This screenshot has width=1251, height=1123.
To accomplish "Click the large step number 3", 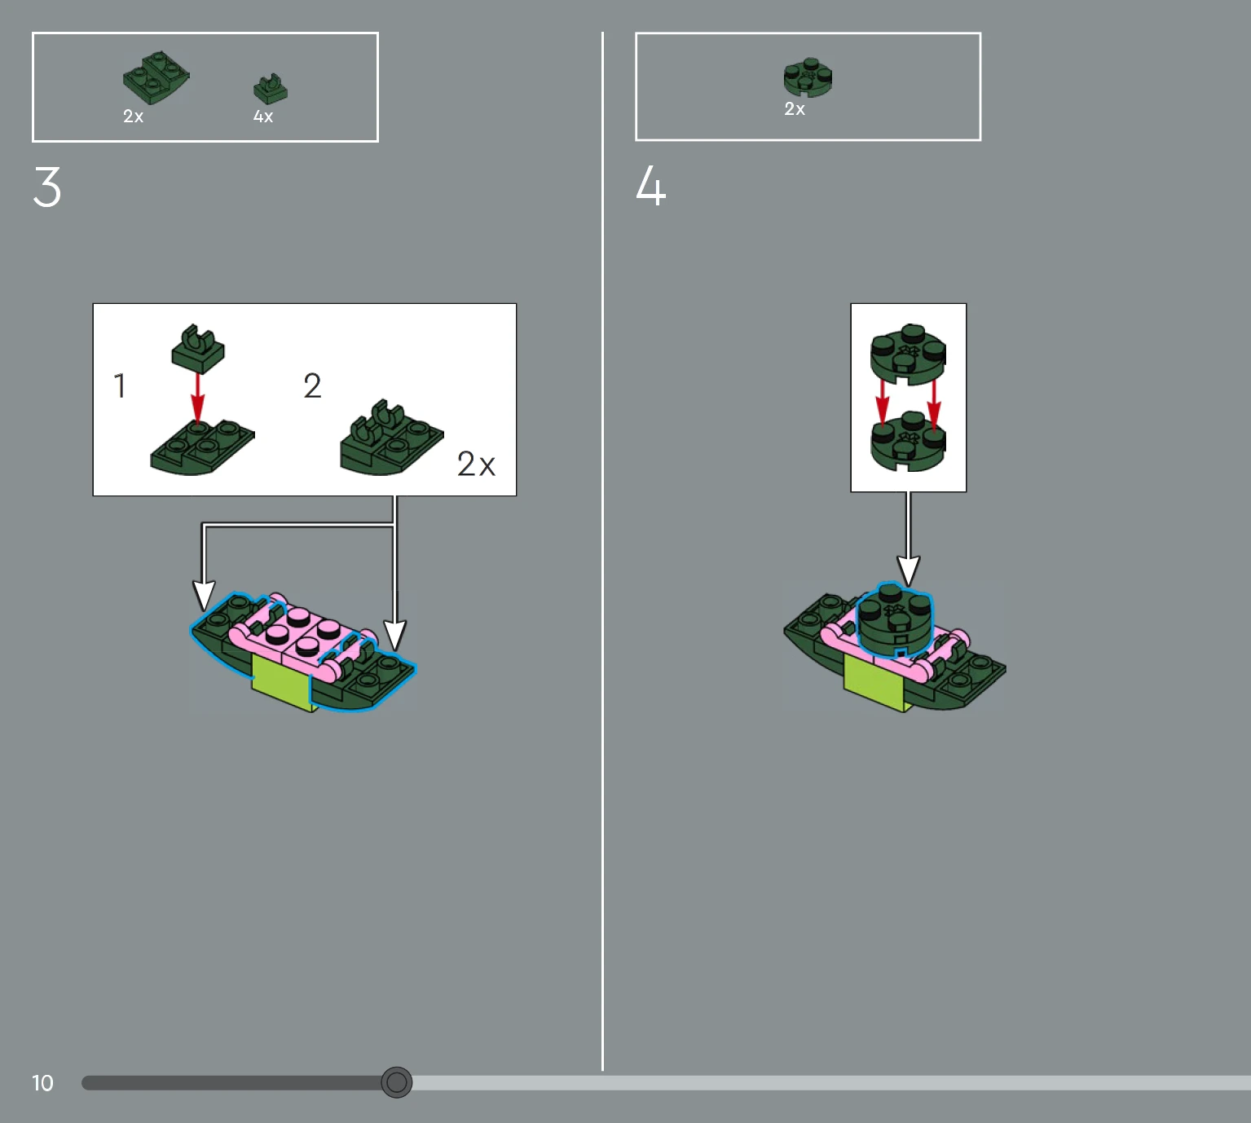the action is (x=47, y=187).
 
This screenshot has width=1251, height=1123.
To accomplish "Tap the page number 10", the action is (x=42, y=1083).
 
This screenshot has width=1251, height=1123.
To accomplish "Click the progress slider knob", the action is (x=396, y=1082).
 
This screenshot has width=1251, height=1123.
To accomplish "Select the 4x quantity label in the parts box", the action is (x=263, y=116).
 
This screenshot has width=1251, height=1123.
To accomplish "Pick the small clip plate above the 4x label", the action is (x=271, y=89).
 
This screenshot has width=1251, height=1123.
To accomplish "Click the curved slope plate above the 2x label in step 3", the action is (x=156, y=77).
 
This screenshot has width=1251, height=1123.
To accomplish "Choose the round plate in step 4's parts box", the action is (x=808, y=77).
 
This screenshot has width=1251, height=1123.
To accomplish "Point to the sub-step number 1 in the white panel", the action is (x=121, y=385).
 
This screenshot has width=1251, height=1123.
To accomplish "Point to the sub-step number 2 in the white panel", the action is (x=312, y=385).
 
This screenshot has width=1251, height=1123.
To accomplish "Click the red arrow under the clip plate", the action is (x=197, y=399).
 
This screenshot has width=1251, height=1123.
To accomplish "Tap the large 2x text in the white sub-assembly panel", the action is (x=476, y=464).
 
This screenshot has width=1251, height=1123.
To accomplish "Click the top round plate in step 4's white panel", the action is (x=908, y=354).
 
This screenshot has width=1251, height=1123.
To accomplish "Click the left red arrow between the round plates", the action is (x=883, y=403).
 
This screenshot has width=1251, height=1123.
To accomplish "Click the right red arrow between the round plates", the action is (x=934, y=403).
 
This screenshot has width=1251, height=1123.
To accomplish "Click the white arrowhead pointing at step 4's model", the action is (x=909, y=570).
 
